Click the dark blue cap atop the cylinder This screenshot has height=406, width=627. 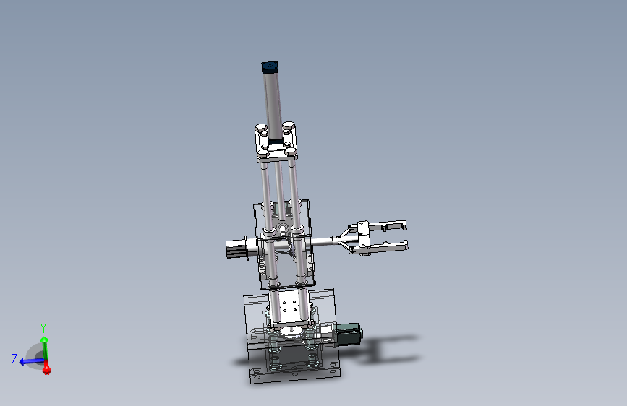[269, 68]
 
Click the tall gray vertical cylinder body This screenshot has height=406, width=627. [273, 101]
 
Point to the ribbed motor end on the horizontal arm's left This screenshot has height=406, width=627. [234, 246]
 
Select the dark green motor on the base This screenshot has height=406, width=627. [350, 334]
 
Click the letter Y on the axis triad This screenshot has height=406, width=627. [43, 329]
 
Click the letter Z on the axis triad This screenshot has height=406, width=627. [14, 358]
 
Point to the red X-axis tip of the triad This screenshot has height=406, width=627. [46, 369]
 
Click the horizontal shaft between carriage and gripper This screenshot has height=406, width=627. [322, 241]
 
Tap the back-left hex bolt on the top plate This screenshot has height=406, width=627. [260, 129]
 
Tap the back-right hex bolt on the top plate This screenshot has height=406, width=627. [289, 127]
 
